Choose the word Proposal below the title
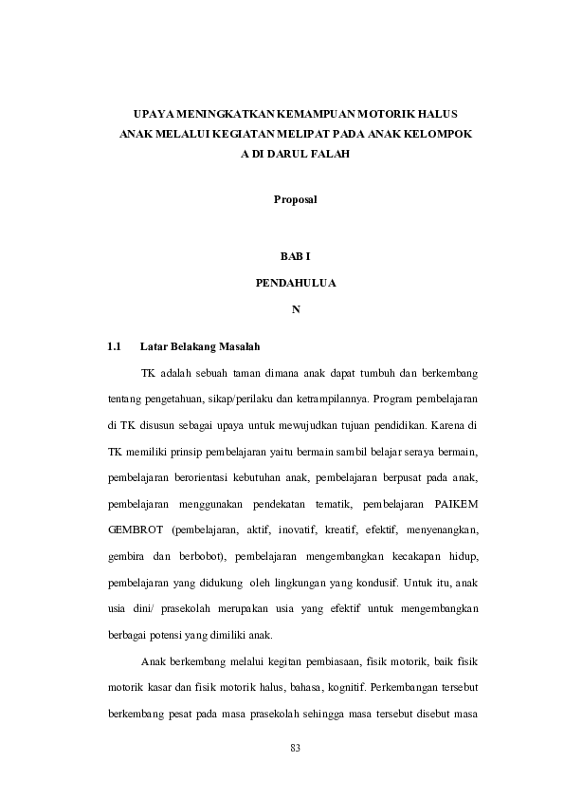click(295, 199)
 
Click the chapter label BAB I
click(295, 257)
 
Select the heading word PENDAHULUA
click(295, 283)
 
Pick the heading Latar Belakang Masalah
click(200, 345)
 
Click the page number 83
click(295, 749)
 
